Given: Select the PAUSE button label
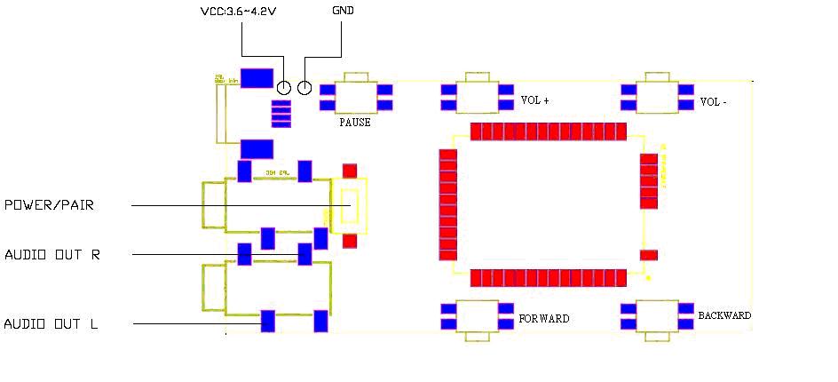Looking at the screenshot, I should coord(355,123).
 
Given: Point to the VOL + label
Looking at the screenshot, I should coord(534,100).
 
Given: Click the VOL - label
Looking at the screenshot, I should coord(714,101).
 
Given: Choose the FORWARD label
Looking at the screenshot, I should coord(544,318).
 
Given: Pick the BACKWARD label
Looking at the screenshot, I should coord(724,315).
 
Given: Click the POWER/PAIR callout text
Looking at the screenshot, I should coord(49,205).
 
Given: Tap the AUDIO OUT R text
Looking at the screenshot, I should coord(52,255).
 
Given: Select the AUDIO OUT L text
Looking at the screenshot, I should coord(51,324).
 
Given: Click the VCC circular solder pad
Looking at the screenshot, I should coord(284,87).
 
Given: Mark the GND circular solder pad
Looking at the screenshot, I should coord(304,87).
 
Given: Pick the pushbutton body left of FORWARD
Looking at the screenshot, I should coord(478,316).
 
